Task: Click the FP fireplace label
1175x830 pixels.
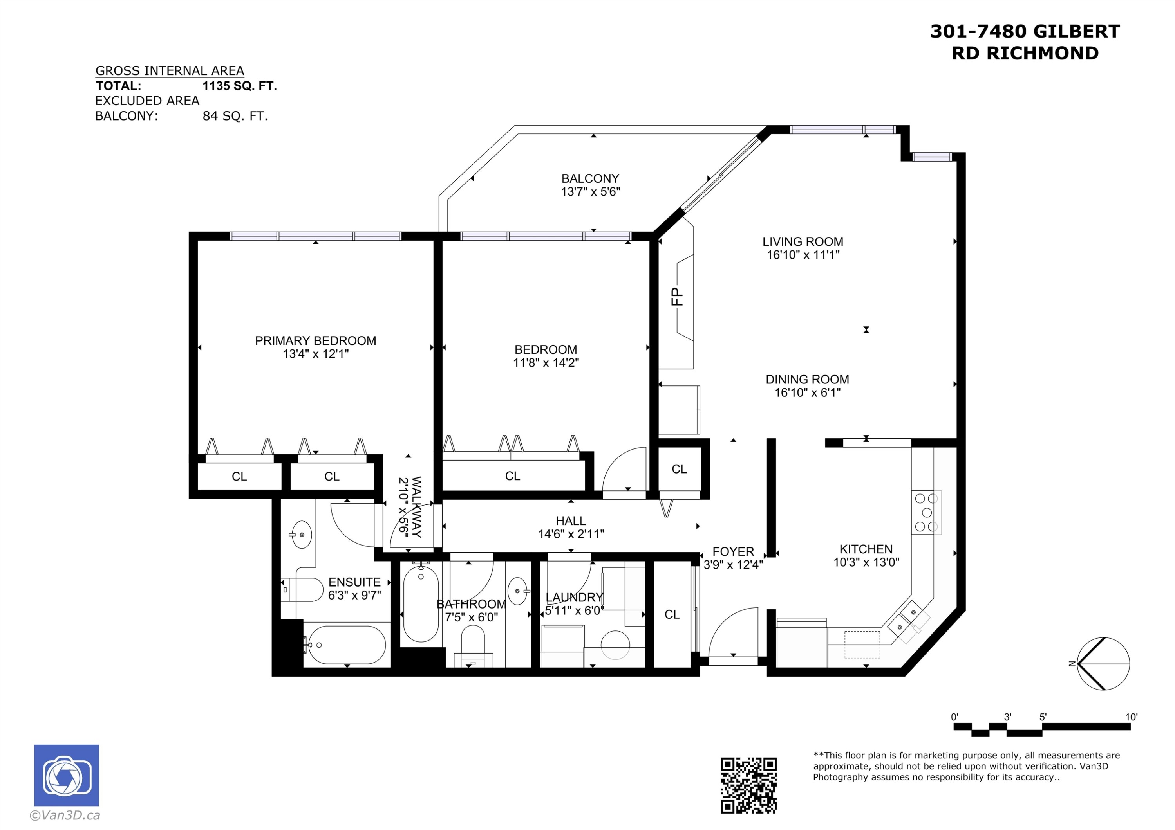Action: click(x=677, y=297)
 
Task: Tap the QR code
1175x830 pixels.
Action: click(x=749, y=785)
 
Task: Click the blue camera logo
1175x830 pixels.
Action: click(x=67, y=775)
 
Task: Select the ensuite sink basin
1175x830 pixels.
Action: click(x=302, y=535)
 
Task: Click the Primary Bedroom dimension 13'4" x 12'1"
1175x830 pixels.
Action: click(x=316, y=354)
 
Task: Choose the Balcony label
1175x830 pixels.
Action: click(x=590, y=178)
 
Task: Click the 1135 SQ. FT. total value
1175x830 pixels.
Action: click(x=239, y=86)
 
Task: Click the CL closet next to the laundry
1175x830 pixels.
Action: click(x=672, y=615)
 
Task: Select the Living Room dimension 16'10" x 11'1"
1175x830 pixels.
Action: click(x=803, y=255)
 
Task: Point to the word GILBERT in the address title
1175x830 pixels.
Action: click(x=1076, y=32)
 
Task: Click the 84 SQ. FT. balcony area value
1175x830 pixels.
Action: click(x=235, y=116)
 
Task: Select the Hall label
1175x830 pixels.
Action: click(x=571, y=520)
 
